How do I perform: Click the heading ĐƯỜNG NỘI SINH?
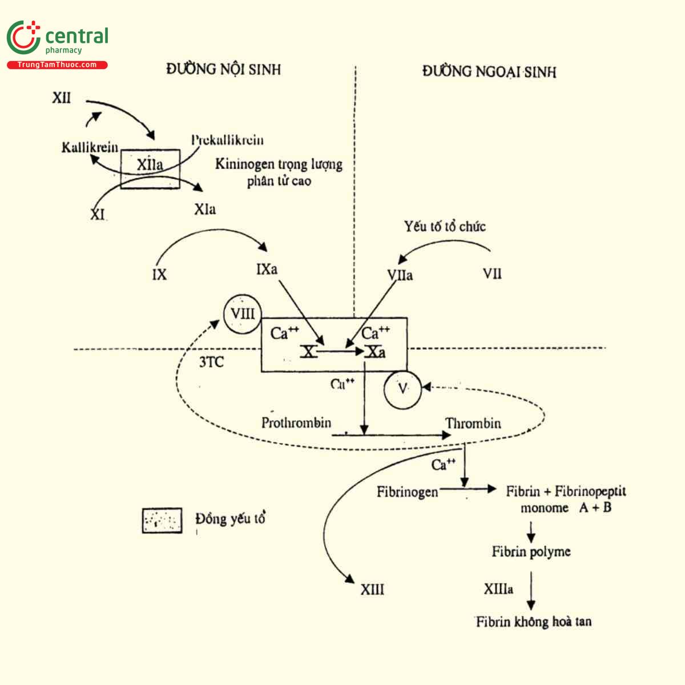224,70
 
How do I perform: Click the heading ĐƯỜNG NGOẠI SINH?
489,71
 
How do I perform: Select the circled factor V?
403,389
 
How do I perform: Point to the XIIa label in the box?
150,165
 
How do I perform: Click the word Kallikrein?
90,147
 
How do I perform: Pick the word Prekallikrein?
227,140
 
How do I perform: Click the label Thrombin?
473,424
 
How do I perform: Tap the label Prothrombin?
296,423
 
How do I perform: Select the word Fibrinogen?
408,491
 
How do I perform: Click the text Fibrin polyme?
531,551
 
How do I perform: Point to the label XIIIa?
498,589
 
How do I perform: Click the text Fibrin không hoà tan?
534,622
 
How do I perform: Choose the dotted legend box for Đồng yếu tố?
162,520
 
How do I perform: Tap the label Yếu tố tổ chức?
445,227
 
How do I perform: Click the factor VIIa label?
400,275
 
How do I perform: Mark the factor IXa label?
267,268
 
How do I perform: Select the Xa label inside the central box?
376,352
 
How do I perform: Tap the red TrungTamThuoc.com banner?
57,65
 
